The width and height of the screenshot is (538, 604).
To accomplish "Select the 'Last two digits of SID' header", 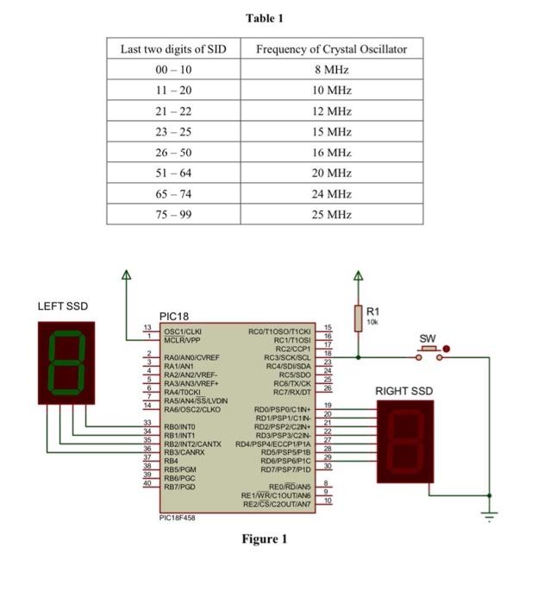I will coord(173,49).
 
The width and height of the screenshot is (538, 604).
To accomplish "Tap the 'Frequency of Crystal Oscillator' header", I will coord(331,49).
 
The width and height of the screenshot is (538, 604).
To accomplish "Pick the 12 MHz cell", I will coord(331,111).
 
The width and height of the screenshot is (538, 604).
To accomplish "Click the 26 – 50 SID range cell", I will coord(173,153).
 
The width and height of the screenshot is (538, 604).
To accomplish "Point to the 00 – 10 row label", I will coord(173,70).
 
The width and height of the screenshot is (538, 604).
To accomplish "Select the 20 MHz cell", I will coord(331,173).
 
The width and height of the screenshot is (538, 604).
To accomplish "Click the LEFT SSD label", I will coord(63,306).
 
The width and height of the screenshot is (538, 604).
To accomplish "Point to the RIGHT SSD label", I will coord(404,392).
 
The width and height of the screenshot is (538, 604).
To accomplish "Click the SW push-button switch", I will coord(429,349).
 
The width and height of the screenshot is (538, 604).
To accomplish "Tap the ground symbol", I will coord(490,517).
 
